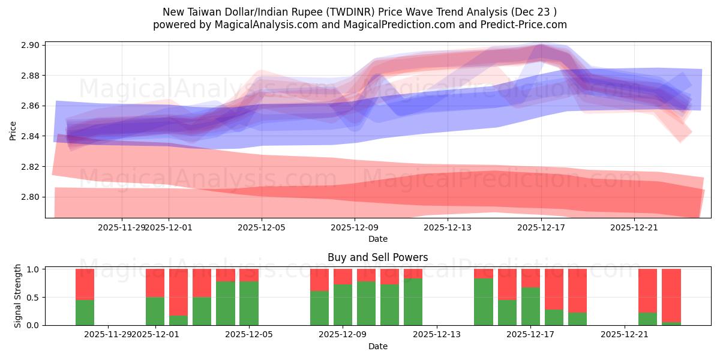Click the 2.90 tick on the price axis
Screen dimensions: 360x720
[x=31, y=45]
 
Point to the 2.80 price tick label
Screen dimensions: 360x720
[x=31, y=197]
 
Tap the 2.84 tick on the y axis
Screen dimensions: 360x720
[x=31, y=136]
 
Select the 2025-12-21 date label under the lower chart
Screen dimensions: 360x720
[x=625, y=334]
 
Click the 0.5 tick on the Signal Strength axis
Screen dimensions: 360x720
[x=33, y=297]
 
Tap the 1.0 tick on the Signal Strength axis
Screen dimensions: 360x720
[x=33, y=269]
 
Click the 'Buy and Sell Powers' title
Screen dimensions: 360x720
[x=377, y=257]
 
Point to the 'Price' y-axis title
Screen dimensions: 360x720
[x=13, y=130]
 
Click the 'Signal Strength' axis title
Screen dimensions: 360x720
[x=18, y=296]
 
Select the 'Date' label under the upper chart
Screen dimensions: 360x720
[x=377, y=239]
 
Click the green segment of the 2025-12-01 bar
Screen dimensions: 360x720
[x=155, y=311]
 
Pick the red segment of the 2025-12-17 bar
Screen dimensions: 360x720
[x=530, y=278]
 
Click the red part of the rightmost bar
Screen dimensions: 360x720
[x=671, y=294]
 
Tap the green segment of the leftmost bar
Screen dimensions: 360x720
[x=85, y=312]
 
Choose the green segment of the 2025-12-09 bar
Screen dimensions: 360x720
[x=343, y=304]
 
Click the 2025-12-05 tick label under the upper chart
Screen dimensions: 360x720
[x=262, y=227]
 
